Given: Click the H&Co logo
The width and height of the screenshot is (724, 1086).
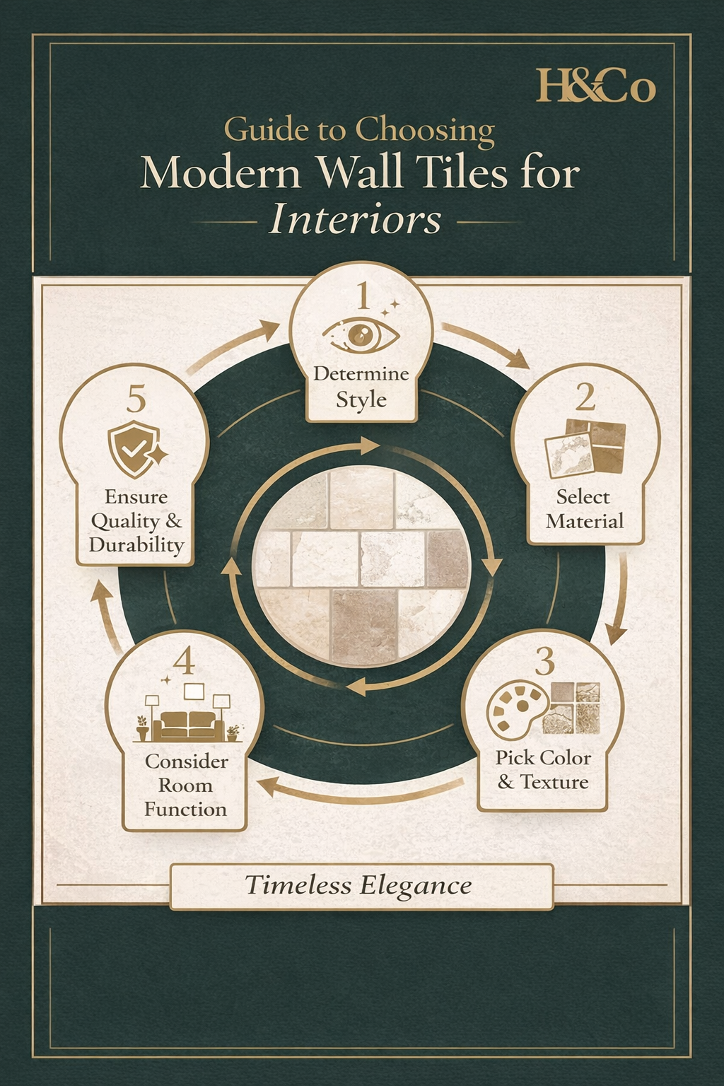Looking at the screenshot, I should [595, 86].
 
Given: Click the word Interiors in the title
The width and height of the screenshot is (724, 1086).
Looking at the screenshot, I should [356, 219].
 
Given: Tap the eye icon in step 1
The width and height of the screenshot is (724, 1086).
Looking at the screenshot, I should [361, 334].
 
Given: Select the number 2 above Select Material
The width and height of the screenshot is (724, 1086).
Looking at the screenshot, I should [585, 397].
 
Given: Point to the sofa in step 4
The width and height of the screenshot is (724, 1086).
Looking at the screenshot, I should [188, 724].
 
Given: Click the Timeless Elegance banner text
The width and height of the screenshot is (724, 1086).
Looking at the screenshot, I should [358, 885].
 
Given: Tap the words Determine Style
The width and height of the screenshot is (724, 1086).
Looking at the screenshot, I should [361, 386].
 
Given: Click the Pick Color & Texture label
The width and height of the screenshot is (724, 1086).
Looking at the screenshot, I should [543, 770].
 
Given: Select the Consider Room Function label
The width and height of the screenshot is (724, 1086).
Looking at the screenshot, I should [186, 786].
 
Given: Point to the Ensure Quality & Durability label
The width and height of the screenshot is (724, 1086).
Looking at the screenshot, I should [136, 521].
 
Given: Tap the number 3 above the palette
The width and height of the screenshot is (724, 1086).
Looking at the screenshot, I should [544, 662].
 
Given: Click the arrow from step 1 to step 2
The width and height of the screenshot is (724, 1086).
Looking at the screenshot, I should [486, 345].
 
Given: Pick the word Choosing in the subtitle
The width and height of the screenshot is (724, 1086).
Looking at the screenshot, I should [425, 130].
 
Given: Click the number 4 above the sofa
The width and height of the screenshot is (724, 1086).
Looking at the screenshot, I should [184, 662].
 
